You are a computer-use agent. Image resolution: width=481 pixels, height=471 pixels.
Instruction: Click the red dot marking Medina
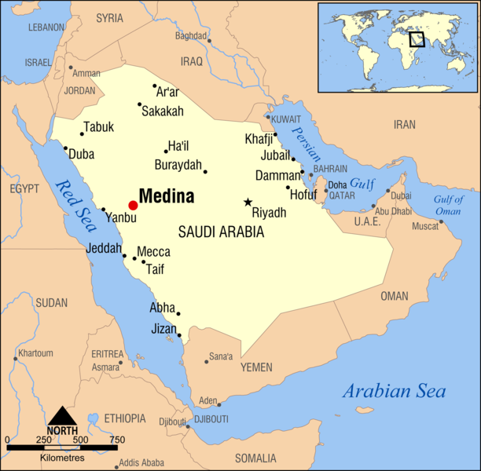coord(133,205)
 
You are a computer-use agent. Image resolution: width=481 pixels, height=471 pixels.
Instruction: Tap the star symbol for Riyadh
coord(248,202)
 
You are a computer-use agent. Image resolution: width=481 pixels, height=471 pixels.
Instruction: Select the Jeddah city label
coord(104,250)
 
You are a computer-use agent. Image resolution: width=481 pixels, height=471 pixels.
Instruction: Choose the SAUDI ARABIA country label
coord(221,232)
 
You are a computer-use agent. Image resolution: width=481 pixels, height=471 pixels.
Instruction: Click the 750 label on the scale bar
coord(116,439)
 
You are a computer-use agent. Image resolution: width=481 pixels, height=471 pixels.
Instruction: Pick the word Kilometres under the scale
coord(62,456)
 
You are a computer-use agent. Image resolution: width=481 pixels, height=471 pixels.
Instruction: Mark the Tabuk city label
coord(99,127)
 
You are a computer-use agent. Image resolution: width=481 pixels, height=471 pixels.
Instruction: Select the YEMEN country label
coord(256,367)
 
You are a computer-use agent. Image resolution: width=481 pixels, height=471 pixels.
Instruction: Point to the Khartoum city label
coord(35,353)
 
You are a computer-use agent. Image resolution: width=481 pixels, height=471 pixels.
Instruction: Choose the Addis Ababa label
coord(142,462)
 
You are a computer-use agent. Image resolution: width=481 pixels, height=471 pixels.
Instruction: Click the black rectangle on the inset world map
coord(417,38)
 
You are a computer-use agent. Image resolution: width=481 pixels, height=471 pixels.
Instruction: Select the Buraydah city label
coord(178,166)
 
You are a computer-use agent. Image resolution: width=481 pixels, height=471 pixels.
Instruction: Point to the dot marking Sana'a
coord(207,361)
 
